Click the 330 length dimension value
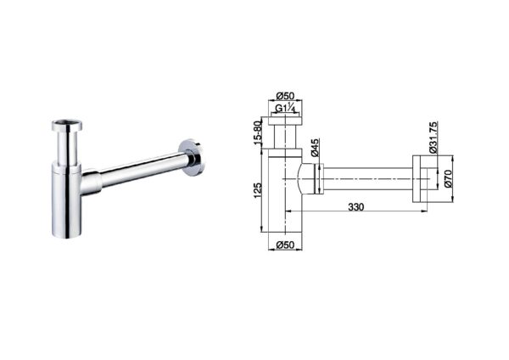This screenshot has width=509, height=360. [x=356, y=206]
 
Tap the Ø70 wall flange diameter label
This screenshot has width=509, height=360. [x=447, y=179]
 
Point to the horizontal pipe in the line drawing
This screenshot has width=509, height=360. [x=365, y=179]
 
